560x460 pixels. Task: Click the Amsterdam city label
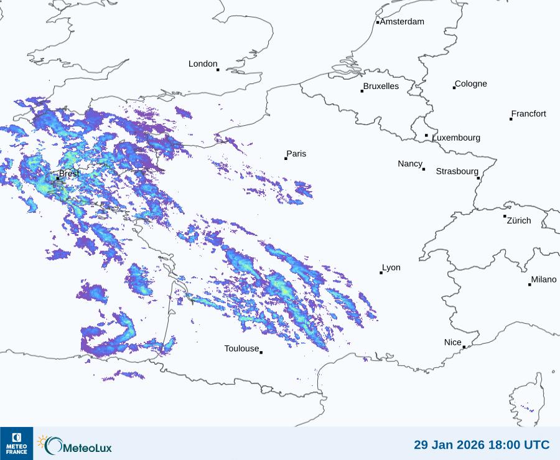point(402,22)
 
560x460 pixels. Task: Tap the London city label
point(203,64)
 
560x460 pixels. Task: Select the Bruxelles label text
point(381,87)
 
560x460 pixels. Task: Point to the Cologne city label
point(471,84)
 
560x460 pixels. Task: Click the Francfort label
point(528,114)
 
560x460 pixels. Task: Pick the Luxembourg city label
point(456,138)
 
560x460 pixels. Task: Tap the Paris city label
point(296,154)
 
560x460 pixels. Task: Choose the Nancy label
point(410,164)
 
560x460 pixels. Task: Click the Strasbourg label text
point(457,171)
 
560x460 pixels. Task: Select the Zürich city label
point(519,220)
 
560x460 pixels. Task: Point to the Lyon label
point(391,268)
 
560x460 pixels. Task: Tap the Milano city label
point(544,279)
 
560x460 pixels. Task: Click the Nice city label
point(452,342)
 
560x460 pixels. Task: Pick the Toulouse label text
point(241,349)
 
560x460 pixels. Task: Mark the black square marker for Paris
point(286,159)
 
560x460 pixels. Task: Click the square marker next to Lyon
point(381,273)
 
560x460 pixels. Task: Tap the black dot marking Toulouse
point(261,352)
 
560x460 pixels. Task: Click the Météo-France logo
point(16,443)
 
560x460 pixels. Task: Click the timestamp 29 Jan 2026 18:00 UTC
point(482,444)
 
